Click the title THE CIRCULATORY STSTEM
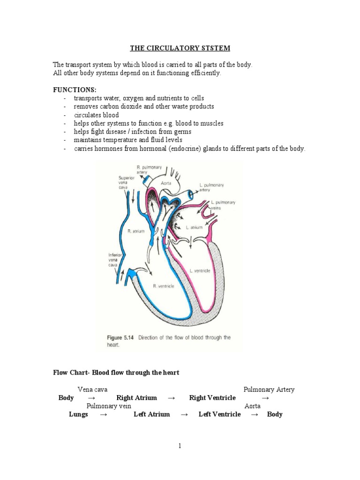point(180,48)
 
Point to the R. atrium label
point(136,231)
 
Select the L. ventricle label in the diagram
point(200,271)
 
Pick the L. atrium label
point(194,227)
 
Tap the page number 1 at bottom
point(180,446)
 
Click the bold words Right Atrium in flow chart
point(136,398)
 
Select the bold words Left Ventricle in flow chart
point(219,414)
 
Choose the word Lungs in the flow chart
point(78,414)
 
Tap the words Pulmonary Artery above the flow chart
point(269,390)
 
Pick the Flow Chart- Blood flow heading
point(116,373)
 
